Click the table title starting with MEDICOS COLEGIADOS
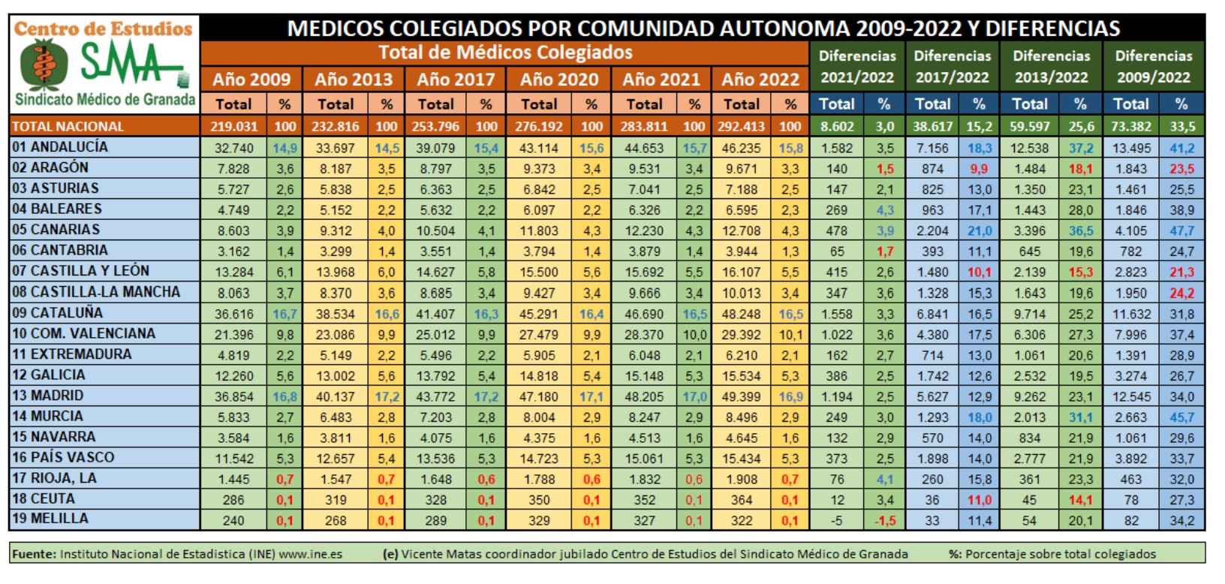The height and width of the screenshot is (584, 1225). click(703, 29)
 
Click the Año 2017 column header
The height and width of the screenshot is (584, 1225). click(456, 80)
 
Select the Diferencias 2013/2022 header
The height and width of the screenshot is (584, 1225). click(1051, 66)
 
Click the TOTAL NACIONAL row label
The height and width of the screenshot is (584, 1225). click(68, 126)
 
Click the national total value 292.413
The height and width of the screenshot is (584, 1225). click(742, 126)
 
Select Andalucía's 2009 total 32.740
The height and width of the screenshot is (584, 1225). click(234, 148)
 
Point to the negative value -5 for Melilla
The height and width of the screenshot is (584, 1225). click(836, 520)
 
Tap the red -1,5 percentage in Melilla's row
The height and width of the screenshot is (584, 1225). click(885, 520)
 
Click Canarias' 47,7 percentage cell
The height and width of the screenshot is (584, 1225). click(1181, 231)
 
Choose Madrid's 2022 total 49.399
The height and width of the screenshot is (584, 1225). click(742, 396)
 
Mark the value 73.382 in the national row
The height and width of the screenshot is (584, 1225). click(1130, 126)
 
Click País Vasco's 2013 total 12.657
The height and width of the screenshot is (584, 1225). click(336, 459)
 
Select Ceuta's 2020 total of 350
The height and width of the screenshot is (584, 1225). click(539, 500)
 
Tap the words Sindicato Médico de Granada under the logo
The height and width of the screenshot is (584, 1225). click(105, 100)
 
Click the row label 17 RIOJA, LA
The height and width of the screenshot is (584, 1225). click(54, 478)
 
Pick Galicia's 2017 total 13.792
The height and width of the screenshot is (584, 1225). click(435, 375)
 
